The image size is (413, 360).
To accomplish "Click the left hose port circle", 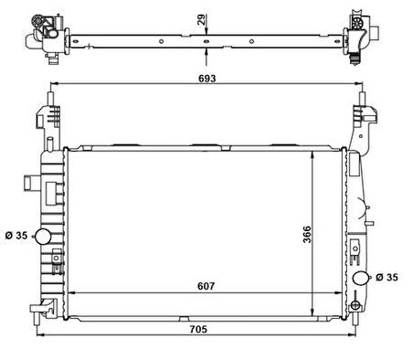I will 43,238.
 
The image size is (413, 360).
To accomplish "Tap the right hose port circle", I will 359,278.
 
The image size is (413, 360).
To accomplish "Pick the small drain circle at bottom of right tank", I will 360,307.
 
